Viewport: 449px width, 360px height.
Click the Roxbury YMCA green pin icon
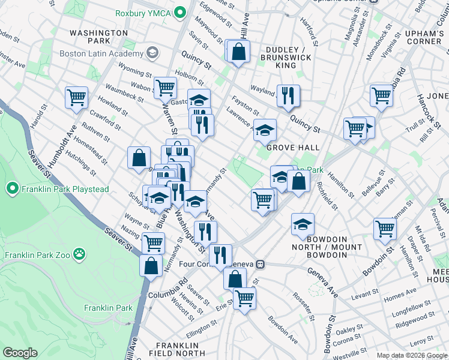[x=178, y=13]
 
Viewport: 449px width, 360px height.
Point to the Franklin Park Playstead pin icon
[x=12, y=190]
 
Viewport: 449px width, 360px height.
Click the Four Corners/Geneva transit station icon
[x=260, y=264]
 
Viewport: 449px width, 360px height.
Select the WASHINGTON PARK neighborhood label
[x=98, y=37]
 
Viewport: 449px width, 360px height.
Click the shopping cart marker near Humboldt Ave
[x=77, y=97]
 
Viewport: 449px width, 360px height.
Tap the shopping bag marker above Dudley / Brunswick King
[x=239, y=52]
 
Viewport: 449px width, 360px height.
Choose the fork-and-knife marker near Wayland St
[x=288, y=94]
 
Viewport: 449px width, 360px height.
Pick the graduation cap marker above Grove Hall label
[x=264, y=129]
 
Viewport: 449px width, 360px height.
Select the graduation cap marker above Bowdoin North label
[x=303, y=224]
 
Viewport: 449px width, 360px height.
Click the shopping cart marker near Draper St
[x=385, y=228]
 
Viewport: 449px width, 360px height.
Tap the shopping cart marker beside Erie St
[x=244, y=298]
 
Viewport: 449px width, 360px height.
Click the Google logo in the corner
[x=20, y=352]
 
